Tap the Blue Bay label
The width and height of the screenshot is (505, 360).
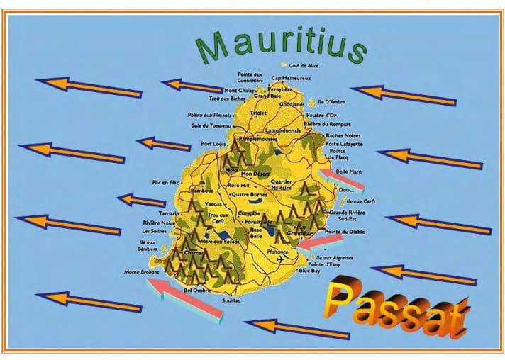[x=309, y=271]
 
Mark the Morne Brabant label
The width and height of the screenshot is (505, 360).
[x=140, y=271]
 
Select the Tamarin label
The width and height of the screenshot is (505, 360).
[x=169, y=213]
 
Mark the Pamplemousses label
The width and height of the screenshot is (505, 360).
[x=257, y=140]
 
